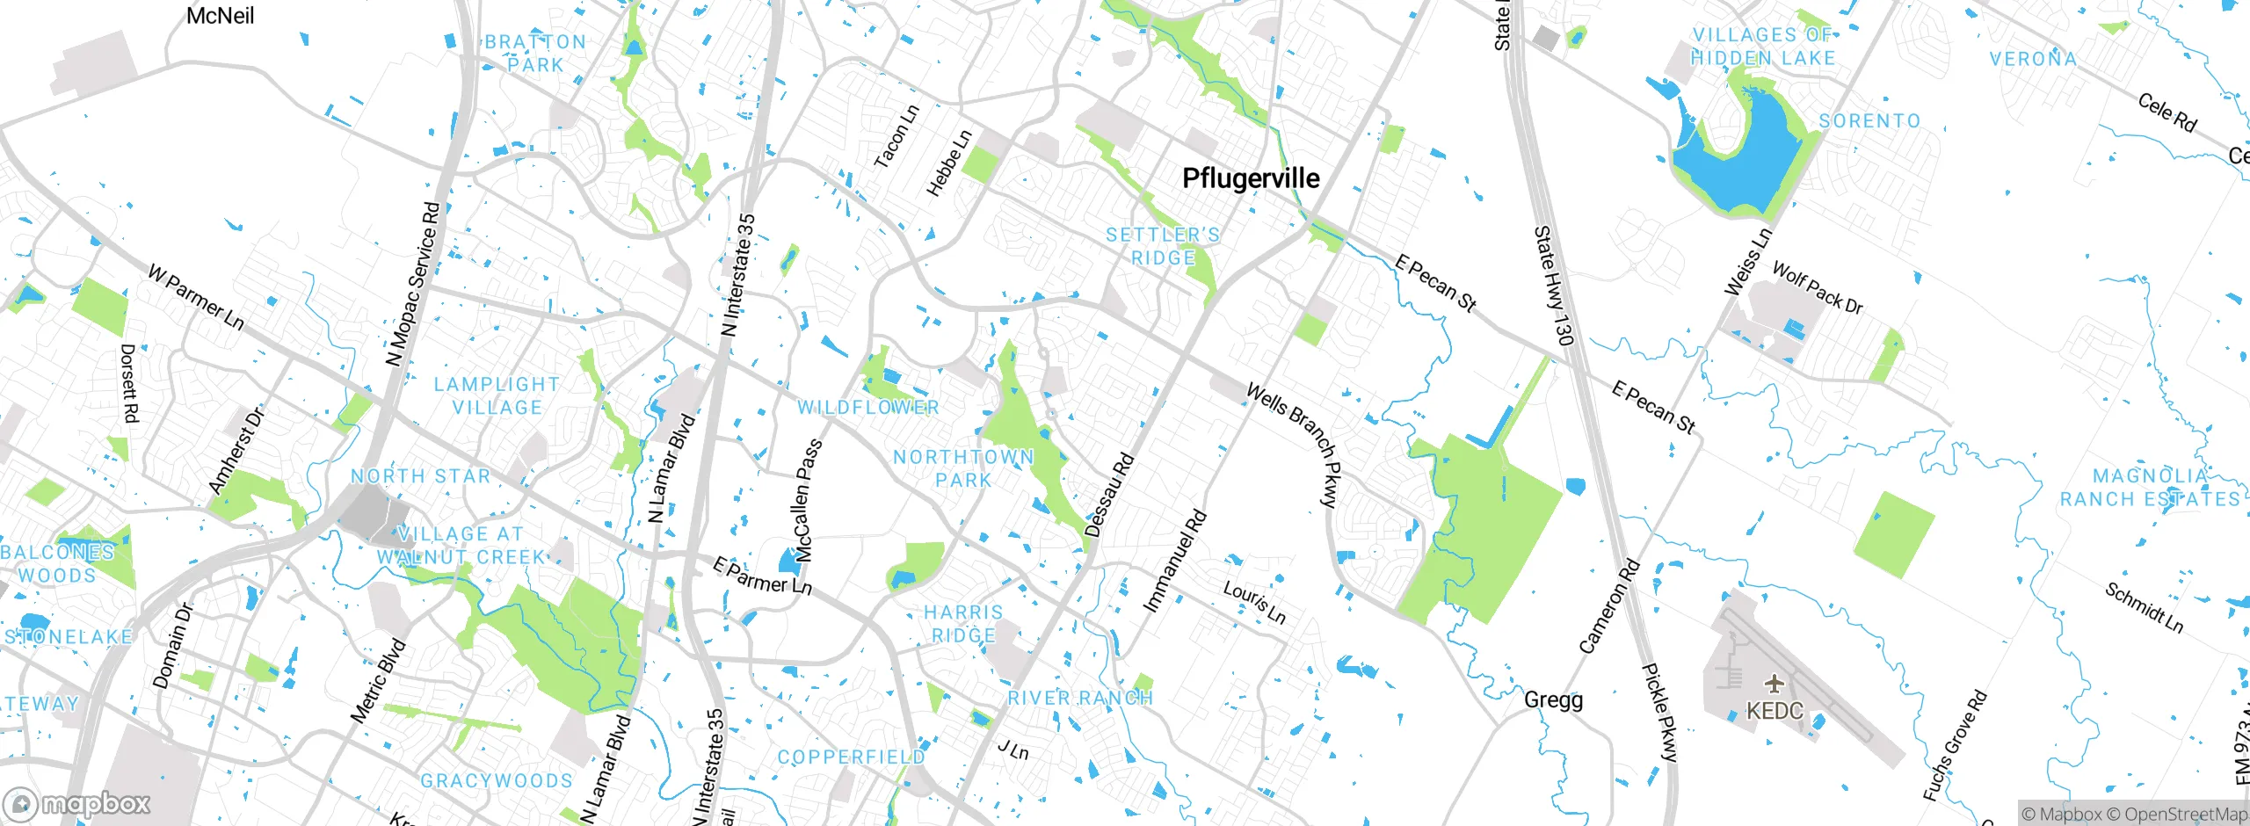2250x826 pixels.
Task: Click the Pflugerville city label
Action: (1251, 178)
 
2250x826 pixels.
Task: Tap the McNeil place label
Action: (220, 16)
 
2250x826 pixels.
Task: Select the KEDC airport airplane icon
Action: (1775, 683)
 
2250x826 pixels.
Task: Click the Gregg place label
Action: (1553, 700)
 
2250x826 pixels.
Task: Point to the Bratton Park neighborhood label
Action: (535, 54)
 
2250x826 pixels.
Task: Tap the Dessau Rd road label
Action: (1109, 496)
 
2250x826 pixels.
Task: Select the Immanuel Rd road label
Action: (1174, 562)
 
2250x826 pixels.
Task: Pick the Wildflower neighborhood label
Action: (868, 408)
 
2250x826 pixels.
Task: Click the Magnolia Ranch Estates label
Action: (2150, 488)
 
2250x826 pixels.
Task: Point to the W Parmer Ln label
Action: (195, 298)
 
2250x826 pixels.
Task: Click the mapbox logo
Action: (77, 803)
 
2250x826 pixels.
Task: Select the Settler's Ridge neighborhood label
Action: (1163, 247)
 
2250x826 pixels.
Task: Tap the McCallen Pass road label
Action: (809, 501)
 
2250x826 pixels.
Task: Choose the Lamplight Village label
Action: (497, 396)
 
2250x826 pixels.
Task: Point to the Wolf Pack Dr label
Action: (1817, 287)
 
